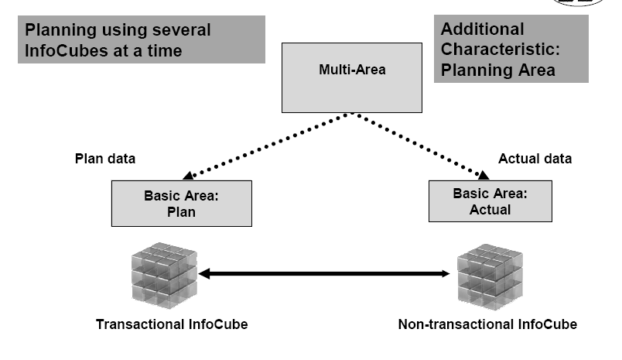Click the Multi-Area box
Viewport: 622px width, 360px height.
[352, 76]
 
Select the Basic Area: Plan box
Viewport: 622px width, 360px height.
[182, 204]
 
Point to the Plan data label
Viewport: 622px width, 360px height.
[104, 159]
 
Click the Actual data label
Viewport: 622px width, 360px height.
[535, 159]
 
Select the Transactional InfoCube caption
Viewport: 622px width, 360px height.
[172, 324]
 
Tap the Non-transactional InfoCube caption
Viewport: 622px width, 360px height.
[487, 324]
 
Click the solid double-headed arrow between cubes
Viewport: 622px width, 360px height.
[325, 273]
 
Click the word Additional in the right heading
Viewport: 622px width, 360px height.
[482, 29]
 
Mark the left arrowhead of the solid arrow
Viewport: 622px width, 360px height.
[204, 273]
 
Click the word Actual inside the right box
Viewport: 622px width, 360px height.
[490, 210]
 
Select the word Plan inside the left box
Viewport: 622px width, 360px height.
[182, 211]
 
